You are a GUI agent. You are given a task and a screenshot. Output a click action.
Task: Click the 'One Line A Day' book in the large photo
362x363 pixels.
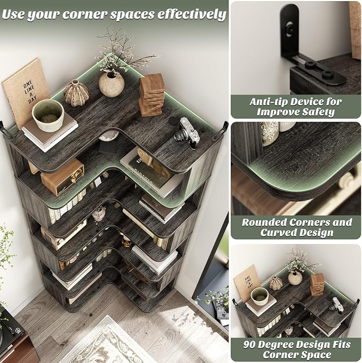26,92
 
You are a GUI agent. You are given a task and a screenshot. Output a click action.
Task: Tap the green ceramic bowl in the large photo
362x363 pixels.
48,115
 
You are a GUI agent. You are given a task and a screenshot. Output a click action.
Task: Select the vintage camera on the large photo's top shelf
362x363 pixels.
187,132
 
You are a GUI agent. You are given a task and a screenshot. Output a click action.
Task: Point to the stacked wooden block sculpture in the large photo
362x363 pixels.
151,95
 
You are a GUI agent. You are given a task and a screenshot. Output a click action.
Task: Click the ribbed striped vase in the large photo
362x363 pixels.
76,93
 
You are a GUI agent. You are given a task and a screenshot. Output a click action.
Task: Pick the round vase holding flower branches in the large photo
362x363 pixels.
111,84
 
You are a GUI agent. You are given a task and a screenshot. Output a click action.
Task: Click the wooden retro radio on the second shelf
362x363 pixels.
62,177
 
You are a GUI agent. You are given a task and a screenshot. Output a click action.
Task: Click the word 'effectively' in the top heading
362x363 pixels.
191,14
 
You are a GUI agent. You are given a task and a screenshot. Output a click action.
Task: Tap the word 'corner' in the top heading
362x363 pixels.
85,15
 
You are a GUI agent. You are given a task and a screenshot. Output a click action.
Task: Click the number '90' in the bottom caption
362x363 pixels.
249,344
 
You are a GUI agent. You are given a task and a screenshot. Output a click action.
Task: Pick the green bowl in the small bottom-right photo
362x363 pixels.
260,296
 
